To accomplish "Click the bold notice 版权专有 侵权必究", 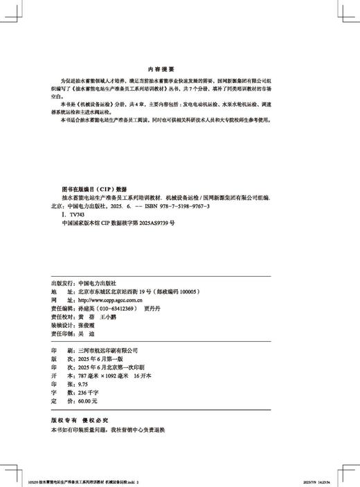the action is [81, 420].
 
